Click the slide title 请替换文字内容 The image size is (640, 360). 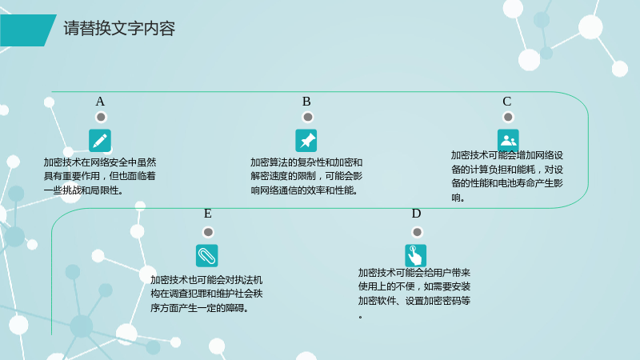(x=119, y=29)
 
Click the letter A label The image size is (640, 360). (x=100, y=102)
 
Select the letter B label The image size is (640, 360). (x=306, y=102)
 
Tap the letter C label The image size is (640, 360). (x=507, y=102)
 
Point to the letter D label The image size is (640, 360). (x=416, y=214)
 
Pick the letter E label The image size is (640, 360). (x=208, y=214)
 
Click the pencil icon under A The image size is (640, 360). (x=100, y=141)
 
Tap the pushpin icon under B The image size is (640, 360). (x=306, y=141)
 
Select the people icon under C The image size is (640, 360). (x=508, y=140)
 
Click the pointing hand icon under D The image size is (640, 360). (x=415, y=255)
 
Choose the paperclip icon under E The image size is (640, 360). (x=207, y=255)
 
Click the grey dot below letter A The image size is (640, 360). (x=101, y=118)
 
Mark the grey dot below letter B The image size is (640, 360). (x=308, y=118)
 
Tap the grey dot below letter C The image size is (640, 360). (x=508, y=118)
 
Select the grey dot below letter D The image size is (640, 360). (x=417, y=232)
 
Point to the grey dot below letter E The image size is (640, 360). (x=208, y=232)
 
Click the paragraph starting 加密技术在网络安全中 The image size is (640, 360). (x=100, y=176)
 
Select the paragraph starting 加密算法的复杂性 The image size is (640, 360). (x=306, y=176)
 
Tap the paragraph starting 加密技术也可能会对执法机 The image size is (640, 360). (x=206, y=294)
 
